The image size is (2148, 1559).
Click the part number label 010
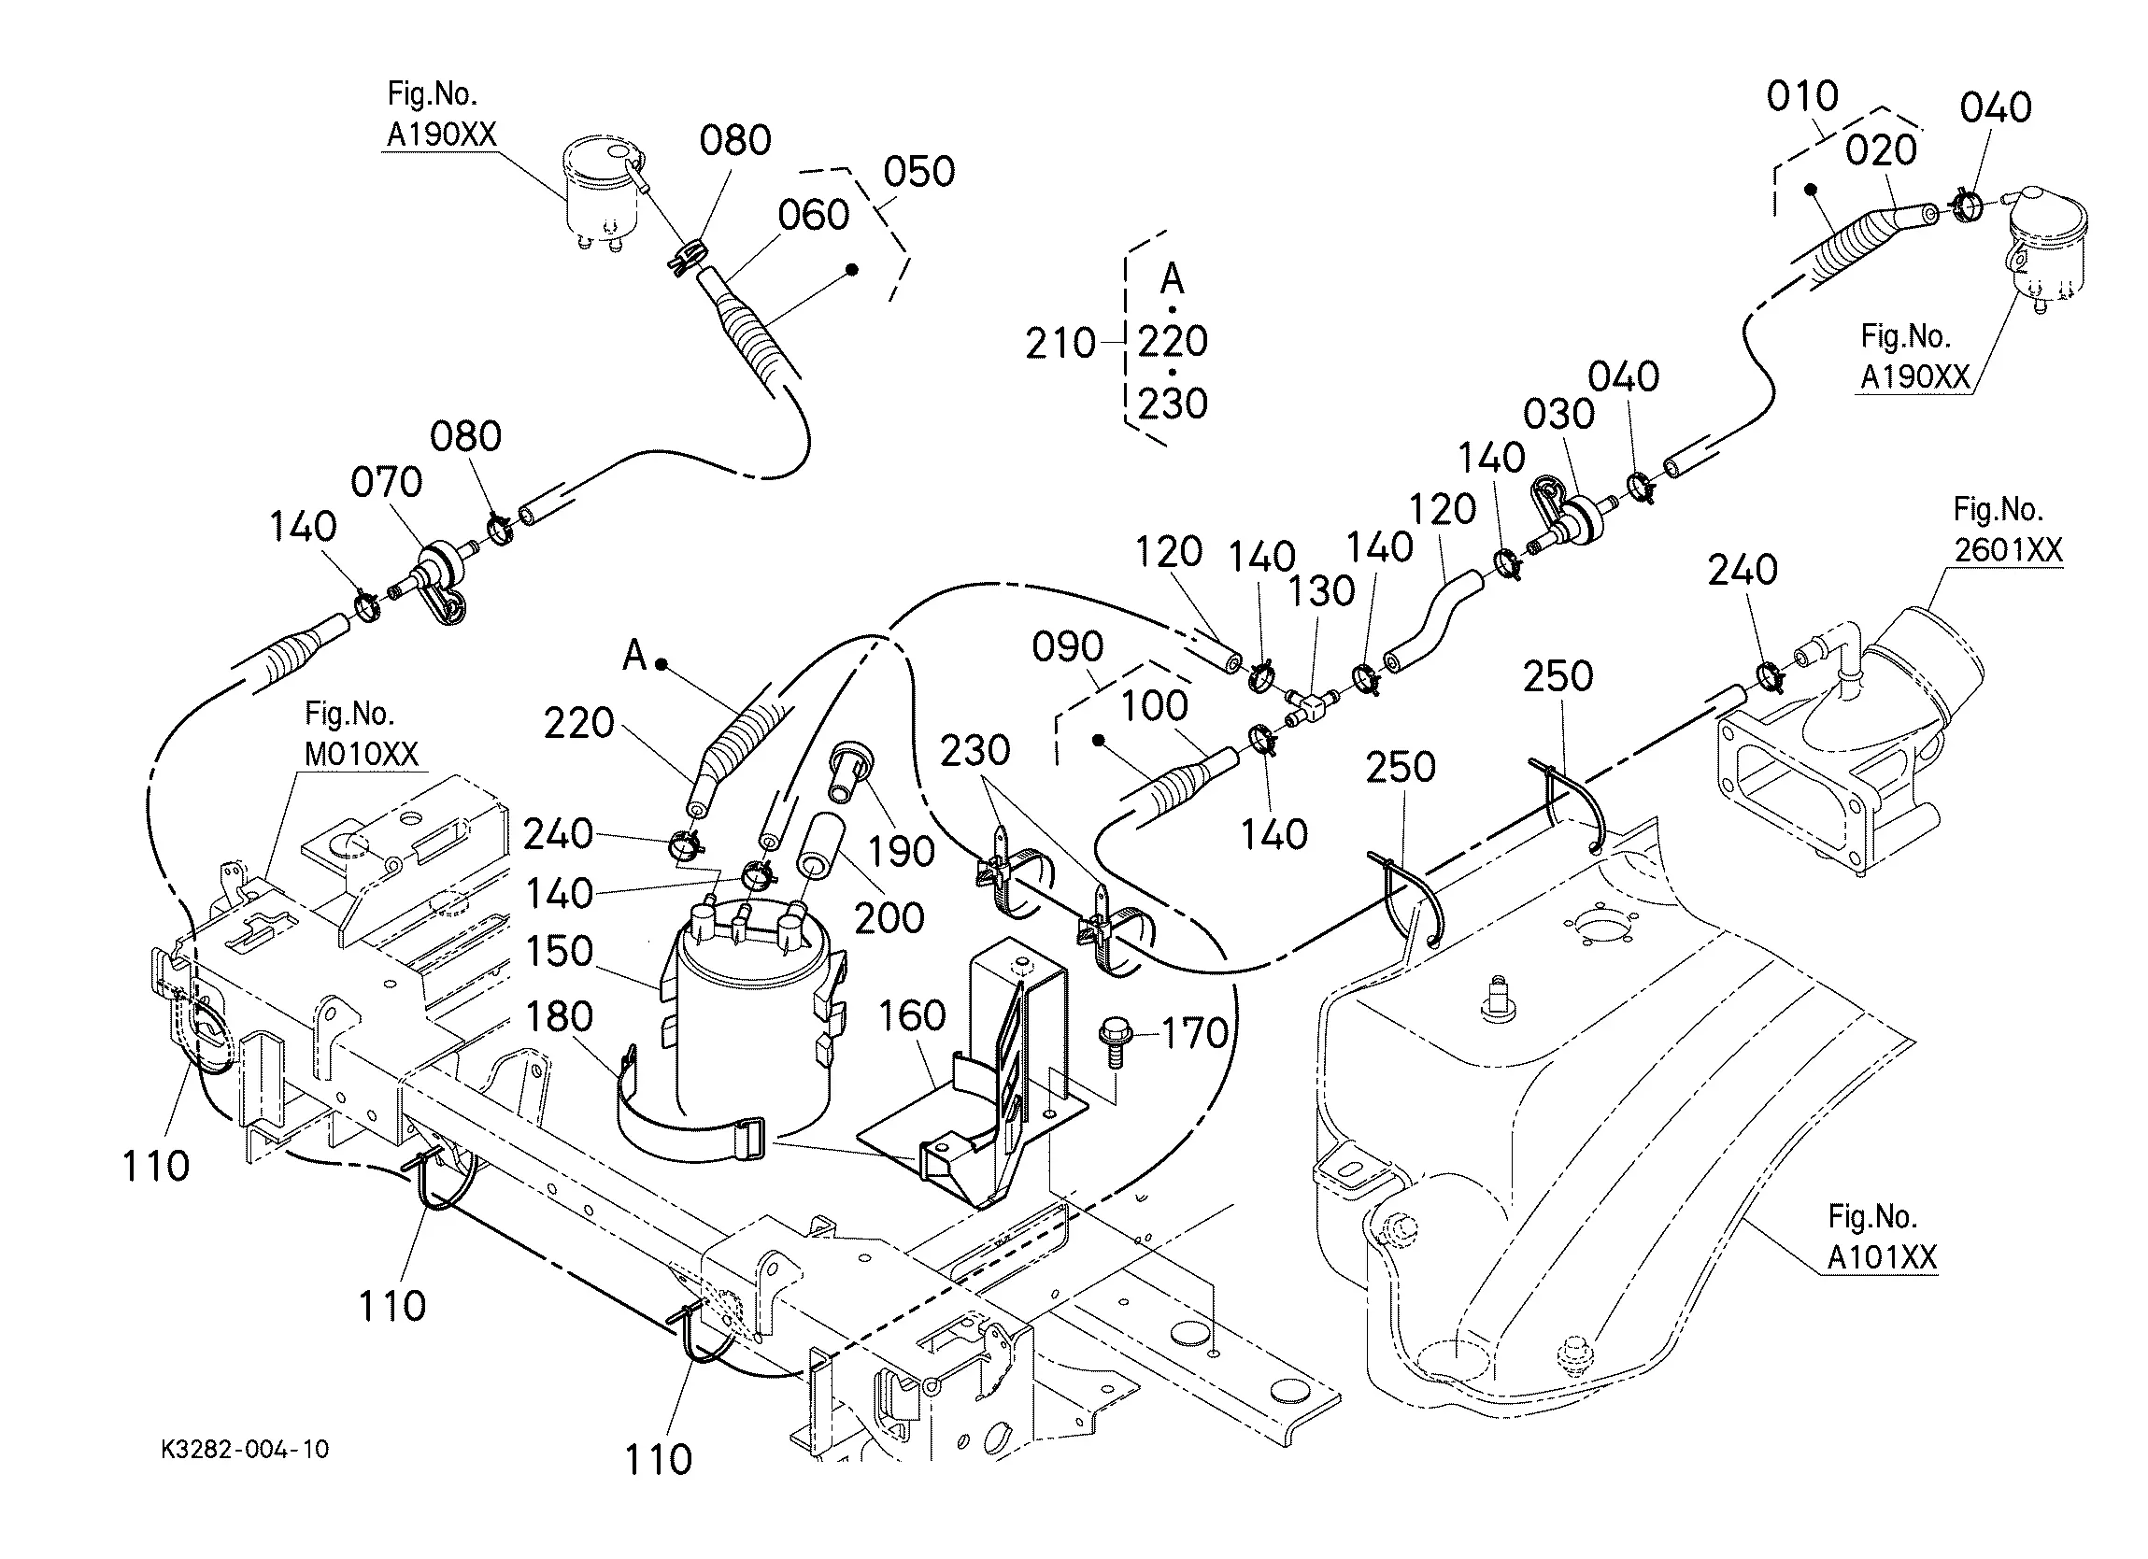(x=1802, y=96)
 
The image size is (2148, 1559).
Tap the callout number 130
(x=1321, y=592)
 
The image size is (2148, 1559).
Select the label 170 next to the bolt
(x=1194, y=1033)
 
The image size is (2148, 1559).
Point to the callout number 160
(x=912, y=1015)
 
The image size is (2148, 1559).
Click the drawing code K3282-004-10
(x=245, y=1449)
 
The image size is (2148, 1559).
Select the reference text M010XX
(x=361, y=754)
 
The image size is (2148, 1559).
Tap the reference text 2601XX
(x=2008, y=550)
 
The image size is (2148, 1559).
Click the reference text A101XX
(x=1881, y=1258)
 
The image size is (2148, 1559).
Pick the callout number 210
(x=1060, y=344)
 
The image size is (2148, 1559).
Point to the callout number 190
(x=902, y=853)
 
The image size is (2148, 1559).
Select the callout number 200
(x=889, y=918)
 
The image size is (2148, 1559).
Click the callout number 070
(x=387, y=483)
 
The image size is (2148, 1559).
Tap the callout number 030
(x=1558, y=415)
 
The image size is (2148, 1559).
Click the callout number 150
(x=559, y=951)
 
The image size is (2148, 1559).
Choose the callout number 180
(x=559, y=1016)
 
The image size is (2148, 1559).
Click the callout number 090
(x=1067, y=647)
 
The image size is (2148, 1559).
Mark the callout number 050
(x=918, y=173)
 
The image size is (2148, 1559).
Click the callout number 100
(x=1154, y=705)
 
